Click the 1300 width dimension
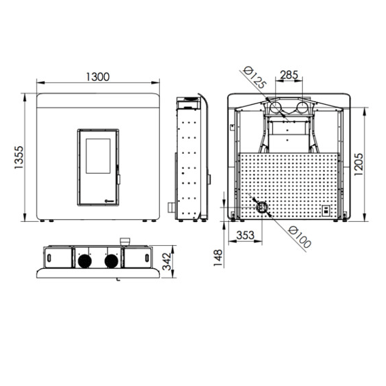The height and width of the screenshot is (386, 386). click(98, 77)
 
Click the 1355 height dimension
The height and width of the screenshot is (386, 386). click(18, 157)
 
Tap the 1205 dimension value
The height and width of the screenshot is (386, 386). click(358, 164)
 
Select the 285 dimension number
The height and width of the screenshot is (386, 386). click(289, 75)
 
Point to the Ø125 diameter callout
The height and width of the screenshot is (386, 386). click(255, 78)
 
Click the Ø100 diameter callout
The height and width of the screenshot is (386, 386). click(300, 237)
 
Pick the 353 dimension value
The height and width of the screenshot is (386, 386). click(245, 236)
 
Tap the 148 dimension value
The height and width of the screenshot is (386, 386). click(218, 258)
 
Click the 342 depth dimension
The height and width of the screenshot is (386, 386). click(167, 261)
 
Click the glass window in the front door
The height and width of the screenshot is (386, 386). click(98, 156)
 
